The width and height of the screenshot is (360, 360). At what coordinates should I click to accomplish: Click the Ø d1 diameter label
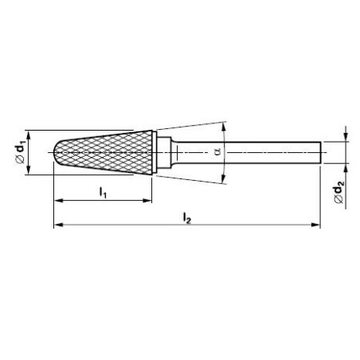(21, 152)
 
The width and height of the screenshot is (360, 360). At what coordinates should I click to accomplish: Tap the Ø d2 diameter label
(339, 191)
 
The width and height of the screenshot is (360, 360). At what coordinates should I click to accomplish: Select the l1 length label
(103, 193)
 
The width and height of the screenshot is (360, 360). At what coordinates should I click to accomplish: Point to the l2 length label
(187, 218)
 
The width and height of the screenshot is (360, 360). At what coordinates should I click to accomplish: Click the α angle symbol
(217, 151)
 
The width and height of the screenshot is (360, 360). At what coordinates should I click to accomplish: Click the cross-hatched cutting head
(104, 152)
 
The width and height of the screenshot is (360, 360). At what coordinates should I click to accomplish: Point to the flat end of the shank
(321, 153)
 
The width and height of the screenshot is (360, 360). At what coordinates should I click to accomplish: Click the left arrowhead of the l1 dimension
(58, 201)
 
